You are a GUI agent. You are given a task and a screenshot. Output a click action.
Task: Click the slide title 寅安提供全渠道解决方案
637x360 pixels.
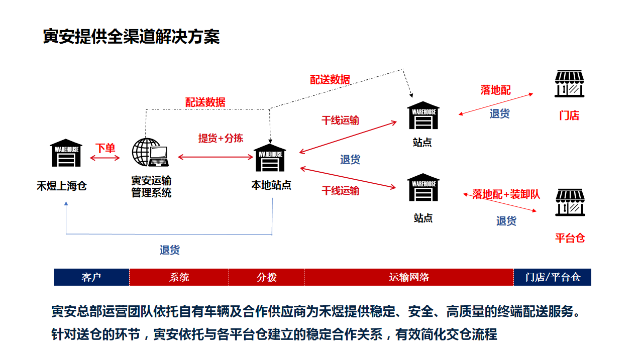tap(131, 37)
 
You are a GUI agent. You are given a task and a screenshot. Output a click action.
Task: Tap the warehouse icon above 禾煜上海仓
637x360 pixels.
tap(66, 153)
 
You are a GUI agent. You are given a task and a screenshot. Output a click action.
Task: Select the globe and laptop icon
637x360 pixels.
tap(150, 152)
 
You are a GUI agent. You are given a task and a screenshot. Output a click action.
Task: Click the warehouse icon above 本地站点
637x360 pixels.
tap(270, 158)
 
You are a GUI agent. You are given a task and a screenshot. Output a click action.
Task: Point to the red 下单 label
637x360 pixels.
tap(105, 148)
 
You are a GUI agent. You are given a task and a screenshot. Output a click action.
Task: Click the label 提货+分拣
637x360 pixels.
tap(221, 138)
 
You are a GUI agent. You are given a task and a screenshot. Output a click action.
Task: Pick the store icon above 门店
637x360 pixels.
tap(569, 83)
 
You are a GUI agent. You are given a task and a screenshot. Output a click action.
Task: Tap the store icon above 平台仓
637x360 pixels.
tap(570, 202)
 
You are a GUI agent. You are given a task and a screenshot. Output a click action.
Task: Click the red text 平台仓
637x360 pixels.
tap(570, 238)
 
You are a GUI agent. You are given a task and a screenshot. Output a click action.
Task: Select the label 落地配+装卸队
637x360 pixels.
tap(506, 194)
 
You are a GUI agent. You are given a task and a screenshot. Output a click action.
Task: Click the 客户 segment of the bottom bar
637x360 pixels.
tap(91, 277)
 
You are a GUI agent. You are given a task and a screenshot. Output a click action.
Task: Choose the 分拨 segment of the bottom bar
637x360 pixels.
tap(266, 277)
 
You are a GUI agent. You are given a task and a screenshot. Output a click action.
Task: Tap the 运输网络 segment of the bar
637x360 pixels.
tap(409, 277)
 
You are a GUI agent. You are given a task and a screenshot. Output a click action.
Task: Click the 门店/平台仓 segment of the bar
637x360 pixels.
tap(553, 277)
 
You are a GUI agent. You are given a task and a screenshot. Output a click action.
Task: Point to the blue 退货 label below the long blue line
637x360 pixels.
tap(170, 250)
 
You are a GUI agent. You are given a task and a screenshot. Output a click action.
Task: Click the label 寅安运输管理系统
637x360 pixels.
tap(151, 187)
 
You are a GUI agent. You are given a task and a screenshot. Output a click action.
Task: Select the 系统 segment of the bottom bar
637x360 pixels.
tap(179, 277)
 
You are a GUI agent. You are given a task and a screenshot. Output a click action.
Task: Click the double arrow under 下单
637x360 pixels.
tap(105, 158)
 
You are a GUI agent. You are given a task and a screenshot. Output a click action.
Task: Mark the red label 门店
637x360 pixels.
tap(569, 115)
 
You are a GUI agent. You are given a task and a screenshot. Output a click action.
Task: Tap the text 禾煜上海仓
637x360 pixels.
tap(61, 186)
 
